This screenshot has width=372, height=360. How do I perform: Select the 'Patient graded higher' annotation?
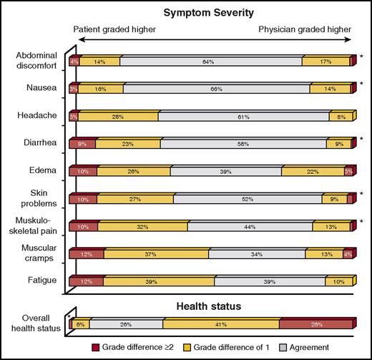click(117, 30)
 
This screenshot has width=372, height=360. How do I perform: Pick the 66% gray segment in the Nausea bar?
click(216, 89)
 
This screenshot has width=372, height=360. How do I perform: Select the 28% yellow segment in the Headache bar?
click(117, 117)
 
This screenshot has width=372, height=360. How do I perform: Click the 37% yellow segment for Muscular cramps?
click(156, 254)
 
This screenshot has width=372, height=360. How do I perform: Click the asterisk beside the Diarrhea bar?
click(362, 139)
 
